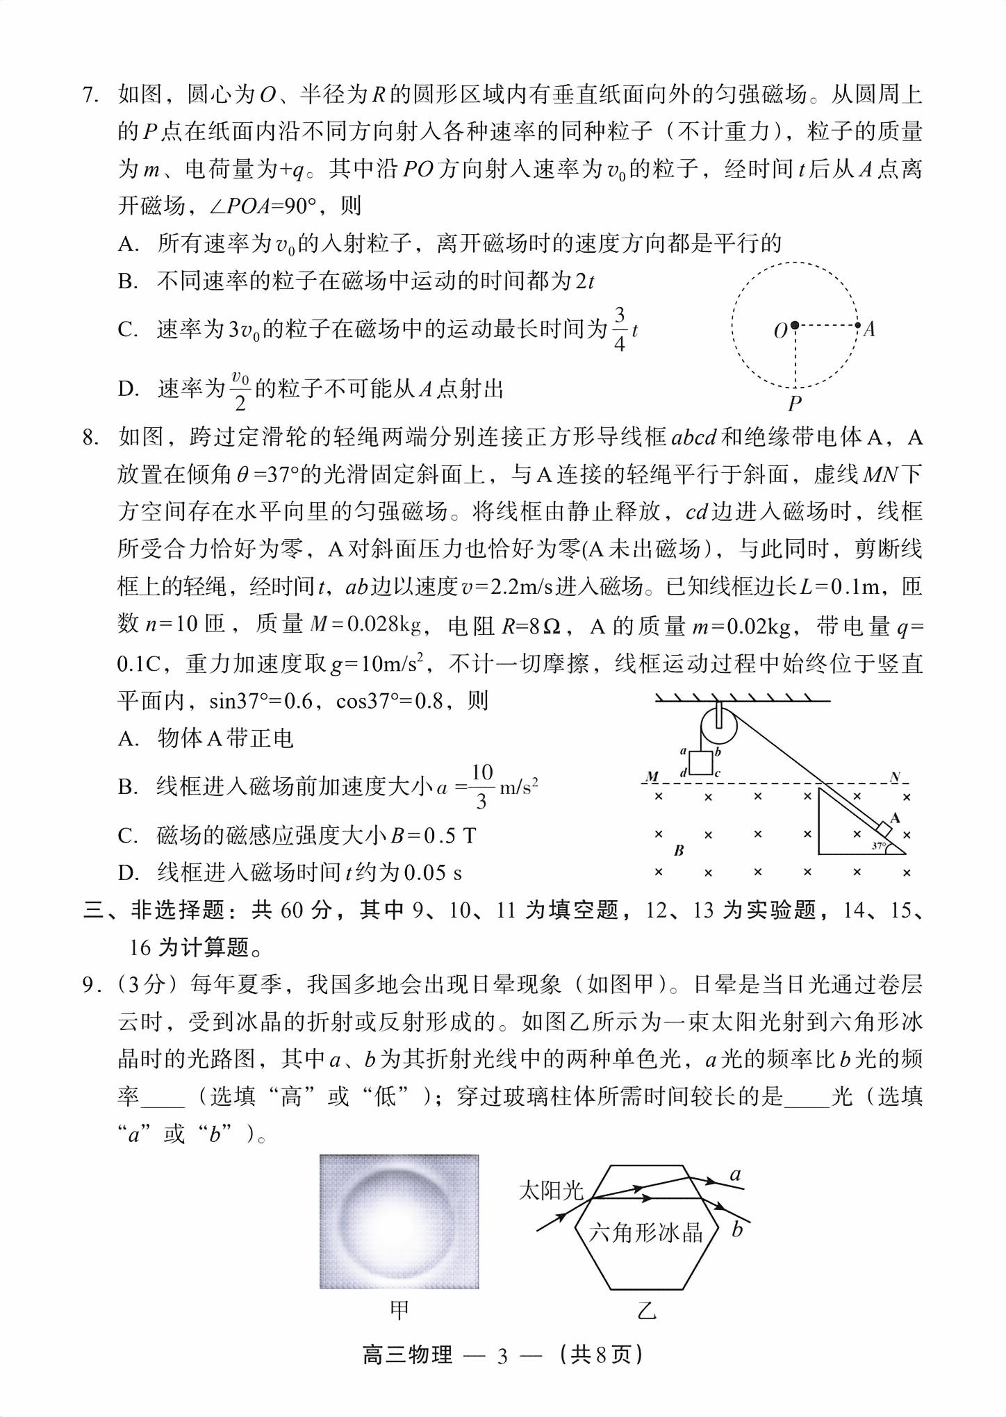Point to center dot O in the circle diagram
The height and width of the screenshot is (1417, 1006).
(x=795, y=325)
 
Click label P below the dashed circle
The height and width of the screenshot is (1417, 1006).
(x=795, y=404)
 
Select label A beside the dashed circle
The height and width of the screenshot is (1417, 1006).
(x=869, y=329)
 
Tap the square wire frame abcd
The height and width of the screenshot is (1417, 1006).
(x=700, y=762)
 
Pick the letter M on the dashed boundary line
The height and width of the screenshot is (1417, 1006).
(x=652, y=776)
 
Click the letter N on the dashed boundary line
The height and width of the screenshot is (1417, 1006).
(x=895, y=777)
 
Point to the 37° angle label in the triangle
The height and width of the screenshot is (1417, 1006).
(x=880, y=846)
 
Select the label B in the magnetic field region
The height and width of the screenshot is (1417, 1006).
(x=679, y=850)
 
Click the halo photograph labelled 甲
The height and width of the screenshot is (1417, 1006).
(x=399, y=1221)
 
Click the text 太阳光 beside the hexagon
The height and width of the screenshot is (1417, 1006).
(x=551, y=1191)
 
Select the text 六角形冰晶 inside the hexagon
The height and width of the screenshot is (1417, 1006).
(x=645, y=1232)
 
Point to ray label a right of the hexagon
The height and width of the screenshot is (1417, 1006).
(x=735, y=1175)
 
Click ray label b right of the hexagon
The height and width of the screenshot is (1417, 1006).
(x=737, y=1230)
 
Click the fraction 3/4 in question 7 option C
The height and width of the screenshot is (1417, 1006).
(x=619, y=329)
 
